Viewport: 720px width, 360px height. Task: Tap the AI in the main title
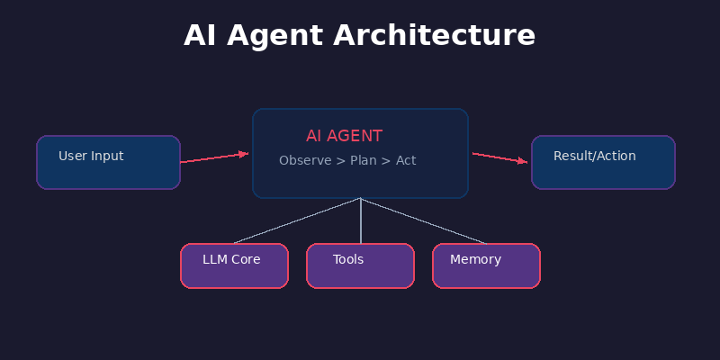point(202,36)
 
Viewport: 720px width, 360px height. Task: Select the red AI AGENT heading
point(344,136)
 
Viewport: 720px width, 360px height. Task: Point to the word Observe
point(304,160)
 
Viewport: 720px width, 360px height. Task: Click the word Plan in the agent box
point(363,160)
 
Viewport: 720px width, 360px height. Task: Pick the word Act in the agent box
point(406,160)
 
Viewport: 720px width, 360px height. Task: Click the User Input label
point(91,156)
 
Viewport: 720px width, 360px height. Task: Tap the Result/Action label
point(594,156)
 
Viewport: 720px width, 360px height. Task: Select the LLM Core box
point(234,265)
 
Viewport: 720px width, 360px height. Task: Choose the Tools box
point(360,265)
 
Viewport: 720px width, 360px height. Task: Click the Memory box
point(486,265)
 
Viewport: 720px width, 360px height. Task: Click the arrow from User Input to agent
point(211,158)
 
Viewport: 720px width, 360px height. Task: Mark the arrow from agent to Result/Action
point(498,157)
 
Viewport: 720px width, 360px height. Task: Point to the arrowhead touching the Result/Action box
point(523,161)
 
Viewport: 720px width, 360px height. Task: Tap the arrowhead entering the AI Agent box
point(243,154)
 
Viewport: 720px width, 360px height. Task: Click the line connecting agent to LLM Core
point(297,220)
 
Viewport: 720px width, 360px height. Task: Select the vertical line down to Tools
point(360,220)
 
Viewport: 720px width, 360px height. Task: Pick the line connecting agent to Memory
point(423,220)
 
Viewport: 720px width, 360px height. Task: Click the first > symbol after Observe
point(340,160)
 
